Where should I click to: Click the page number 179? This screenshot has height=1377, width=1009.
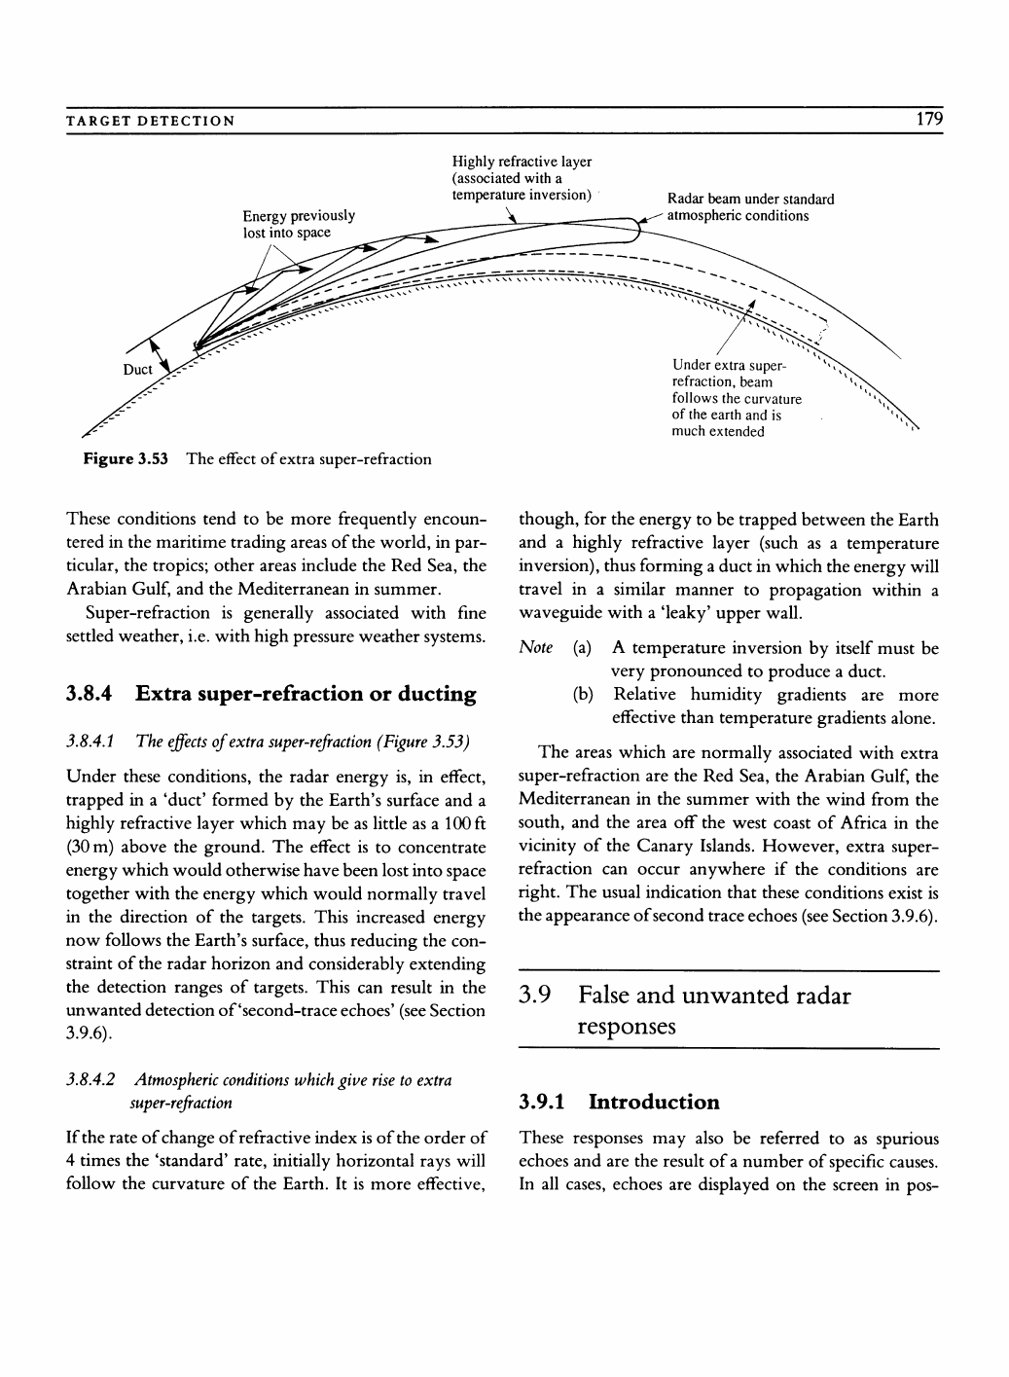(x=929, y=120)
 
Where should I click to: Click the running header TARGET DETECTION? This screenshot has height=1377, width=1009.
(x=150, y=122)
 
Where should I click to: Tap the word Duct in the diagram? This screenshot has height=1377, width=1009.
(x=137, y=370)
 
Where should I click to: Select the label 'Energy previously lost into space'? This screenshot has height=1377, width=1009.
(x=299, y=224)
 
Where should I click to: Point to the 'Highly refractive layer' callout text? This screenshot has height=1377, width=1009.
(x=522, y=178)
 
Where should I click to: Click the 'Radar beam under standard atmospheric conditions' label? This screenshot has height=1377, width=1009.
(x=750, y=207)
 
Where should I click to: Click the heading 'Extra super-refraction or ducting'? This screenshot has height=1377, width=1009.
(x=306, y=694)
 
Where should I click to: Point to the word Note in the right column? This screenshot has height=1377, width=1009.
(x=536, y=648)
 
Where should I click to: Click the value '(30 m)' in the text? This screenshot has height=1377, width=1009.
(x=90, y=847)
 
